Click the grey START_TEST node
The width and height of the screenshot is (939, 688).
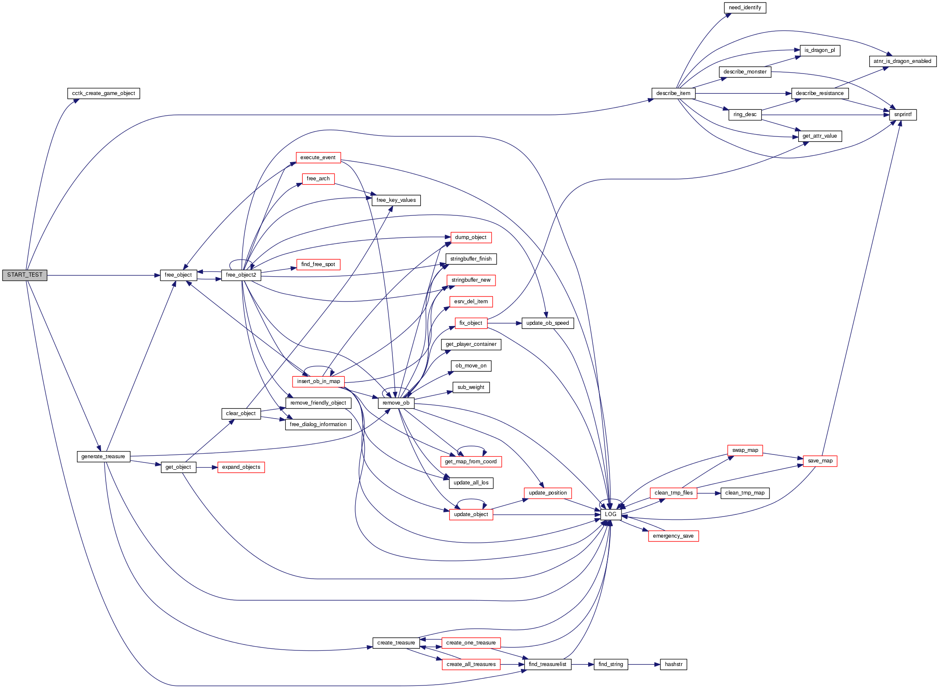pyautogui.click(x=25, y=275)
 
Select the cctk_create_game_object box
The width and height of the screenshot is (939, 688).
pyautogui.click(x=104, y=93)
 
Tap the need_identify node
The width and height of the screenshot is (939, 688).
pyautogui.click(x=745, y=8)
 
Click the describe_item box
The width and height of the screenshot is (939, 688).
pyautogui.click(x=673, y=93)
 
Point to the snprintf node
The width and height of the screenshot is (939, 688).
pyautogui.click(x=903, y=114)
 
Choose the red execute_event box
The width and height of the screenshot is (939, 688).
pyautogui.click(x=318, y=158)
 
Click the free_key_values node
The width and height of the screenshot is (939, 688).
pyautogui.click(x=396, y=200)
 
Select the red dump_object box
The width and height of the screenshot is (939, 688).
pyautogui.click(x=471, y=237)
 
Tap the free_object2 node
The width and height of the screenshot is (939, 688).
pyautogui.click(x=241, y=275)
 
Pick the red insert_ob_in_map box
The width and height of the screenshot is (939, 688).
pyautogui.click(x=318, y=381)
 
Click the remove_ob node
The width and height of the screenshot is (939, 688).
pyautogui.click(x=396, y=403)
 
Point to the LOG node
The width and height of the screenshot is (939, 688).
pyautogui.click(x=610, y=514)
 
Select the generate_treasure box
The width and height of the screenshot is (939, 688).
pyautogui.click(x=103, y=457)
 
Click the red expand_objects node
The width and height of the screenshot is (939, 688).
pyautogui.click(x=241, y=467)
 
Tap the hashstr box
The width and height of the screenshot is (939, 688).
pyautogui.click(x=673, y=664)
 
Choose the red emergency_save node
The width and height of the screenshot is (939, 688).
pyautogui.click(x=673, y=536)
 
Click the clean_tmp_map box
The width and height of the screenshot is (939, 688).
pyautogui.click(x=745, y=493)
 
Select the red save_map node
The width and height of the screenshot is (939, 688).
pyautogui.click(x=820, y=461)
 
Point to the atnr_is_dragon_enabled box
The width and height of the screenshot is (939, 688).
pyautogui.click(x=902, y=61)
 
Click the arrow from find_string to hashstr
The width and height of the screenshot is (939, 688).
pyautogui.click(x=644, y=664)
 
